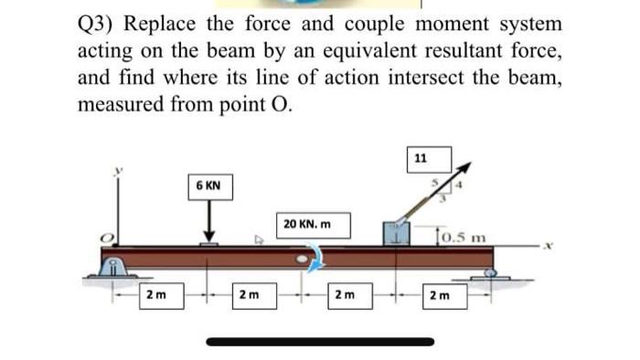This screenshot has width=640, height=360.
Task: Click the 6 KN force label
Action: coord(208,185)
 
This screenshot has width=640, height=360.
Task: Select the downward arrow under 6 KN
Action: coord(209,224)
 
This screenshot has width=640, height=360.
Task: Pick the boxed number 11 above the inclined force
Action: coord(419,158)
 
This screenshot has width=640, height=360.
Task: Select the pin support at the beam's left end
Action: coord(113,268)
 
